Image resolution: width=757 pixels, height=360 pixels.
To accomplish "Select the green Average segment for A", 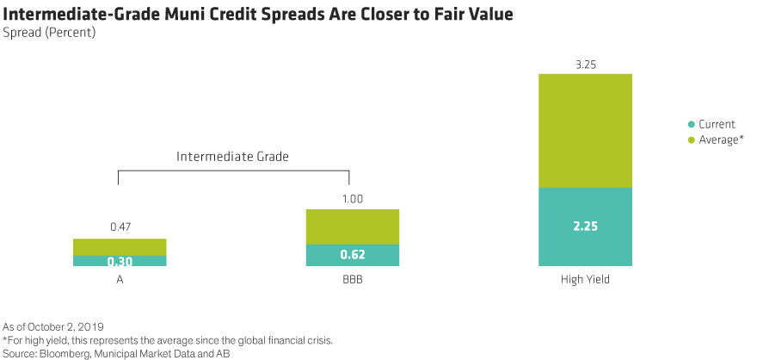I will [120, 246].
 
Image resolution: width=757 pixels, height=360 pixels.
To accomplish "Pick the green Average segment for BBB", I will [353, 227].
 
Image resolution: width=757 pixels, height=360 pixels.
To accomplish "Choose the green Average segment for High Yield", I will [585, 130].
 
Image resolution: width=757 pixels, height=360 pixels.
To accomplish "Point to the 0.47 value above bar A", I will [120, 227].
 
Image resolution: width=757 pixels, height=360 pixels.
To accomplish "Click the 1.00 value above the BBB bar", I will [353, 199].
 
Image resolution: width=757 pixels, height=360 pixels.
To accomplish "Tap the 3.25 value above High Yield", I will [585, 63].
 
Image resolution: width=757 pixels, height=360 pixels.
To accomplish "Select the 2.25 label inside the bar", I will [585, 227].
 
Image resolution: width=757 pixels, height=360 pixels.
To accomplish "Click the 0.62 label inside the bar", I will [353, 256].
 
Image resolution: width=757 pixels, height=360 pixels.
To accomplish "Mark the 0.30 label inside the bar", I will [120, 262].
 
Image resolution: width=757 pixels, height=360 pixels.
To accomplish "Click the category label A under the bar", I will [120, 279].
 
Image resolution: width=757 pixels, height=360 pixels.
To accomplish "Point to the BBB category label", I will [353, 279].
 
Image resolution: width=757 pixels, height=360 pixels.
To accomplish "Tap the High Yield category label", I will [585, 279].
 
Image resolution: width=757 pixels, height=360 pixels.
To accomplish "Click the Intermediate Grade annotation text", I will [232, 157].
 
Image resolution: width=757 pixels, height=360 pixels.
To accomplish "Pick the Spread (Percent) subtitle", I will [49, 33].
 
